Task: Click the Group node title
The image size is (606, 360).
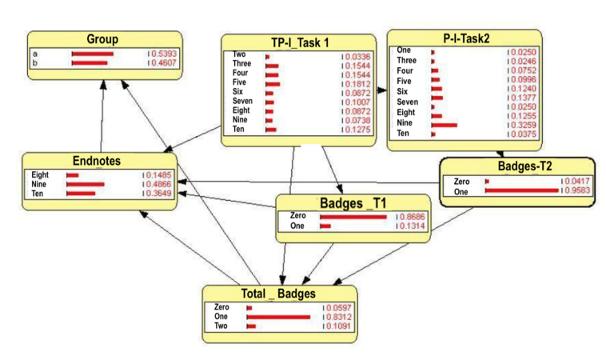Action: point(102,39)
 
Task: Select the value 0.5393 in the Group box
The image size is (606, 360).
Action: point(164,54)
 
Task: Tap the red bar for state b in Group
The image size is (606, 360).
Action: point(90,63)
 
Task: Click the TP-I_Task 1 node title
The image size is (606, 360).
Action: point(300,42)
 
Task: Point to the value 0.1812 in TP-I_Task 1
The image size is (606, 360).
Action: point(358,84)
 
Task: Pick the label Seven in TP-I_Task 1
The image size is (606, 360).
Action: point(242,101)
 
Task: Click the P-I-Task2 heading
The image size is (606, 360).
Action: point(466,38)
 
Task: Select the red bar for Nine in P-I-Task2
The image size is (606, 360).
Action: point(445,126)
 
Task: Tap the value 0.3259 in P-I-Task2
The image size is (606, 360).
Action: point(524,125)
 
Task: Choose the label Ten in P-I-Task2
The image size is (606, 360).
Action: point(403,134)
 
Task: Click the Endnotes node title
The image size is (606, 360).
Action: point(97,161)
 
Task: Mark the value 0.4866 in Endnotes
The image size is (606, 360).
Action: point(158,184)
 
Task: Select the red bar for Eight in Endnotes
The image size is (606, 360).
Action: point(73,175)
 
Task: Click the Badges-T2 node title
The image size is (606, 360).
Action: point(524,166)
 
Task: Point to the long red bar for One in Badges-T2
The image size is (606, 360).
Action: point(522,190)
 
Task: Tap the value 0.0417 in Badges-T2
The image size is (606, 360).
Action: point(577,181)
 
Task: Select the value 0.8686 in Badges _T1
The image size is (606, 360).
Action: point(412,217)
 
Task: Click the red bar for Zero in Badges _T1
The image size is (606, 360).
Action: point(353,218)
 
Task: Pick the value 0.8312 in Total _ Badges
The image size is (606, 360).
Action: point(339,317)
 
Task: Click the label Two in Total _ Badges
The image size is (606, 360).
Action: point(221,326)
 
